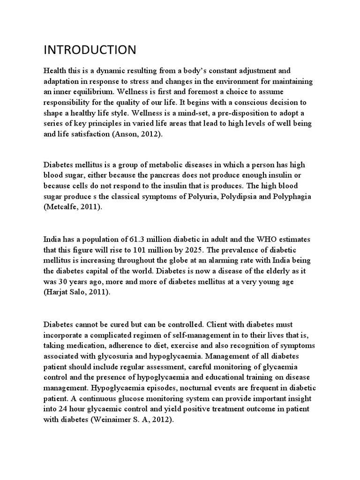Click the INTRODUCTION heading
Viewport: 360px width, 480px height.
pos(90,50)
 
